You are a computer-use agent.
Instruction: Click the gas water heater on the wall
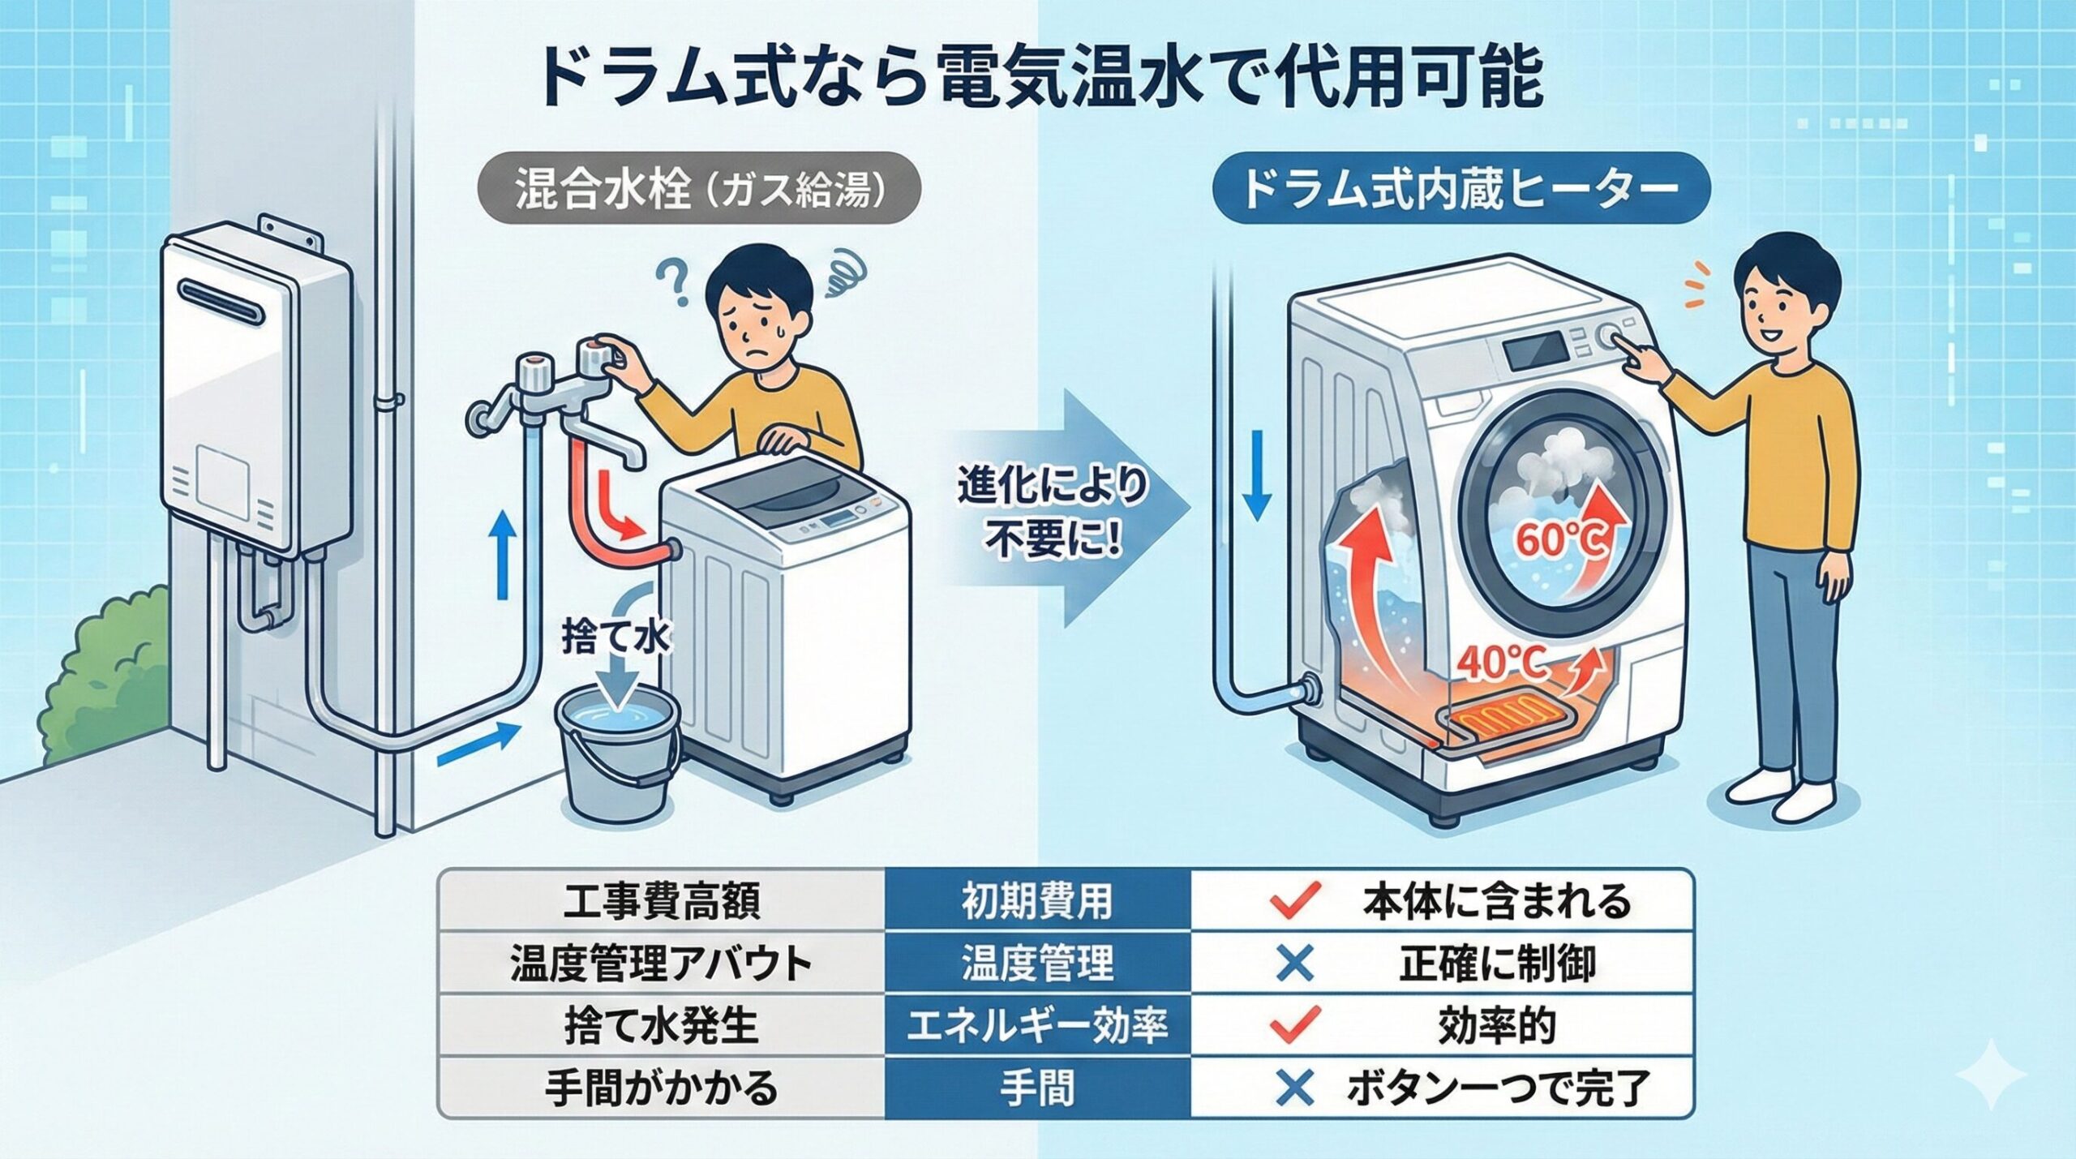tap(258, 389)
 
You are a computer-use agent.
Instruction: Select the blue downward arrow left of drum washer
tap(1256, 474)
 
